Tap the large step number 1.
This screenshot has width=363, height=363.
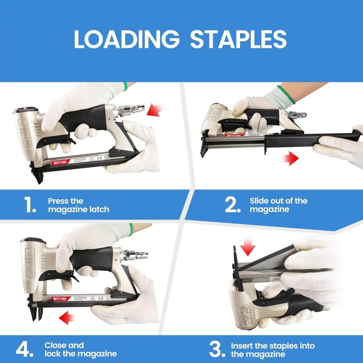tap(29, 205)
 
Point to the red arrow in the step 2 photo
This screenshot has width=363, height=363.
tap(290, 158)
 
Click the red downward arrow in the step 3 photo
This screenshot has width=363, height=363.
tap(248, 248)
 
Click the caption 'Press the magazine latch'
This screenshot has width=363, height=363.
tap(78, 205)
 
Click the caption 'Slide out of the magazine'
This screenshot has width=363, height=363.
tap(278, 205)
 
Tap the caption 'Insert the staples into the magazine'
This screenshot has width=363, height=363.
tap(272, 349)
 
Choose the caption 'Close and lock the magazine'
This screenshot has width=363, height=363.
tap(80, 349)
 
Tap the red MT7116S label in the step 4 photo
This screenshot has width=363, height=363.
tap(61, 298)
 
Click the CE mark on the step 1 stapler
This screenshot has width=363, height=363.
tap(101, 157)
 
